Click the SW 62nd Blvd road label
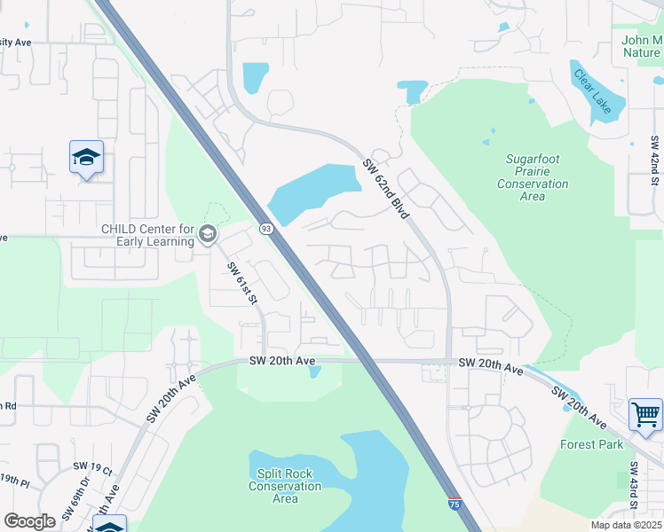click(x=387, y=189)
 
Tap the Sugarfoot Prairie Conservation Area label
click(x=532, y=177)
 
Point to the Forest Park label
click(x=592, y=444)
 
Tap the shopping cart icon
click(x=645, y=414)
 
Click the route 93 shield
click(x=265, y=228)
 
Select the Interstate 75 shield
click(x=455, y=504)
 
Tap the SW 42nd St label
click(x=655, y=160)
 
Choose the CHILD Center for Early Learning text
click(x=147, y=234)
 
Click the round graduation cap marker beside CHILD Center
click(x=208, y=234)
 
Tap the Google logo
click(x=30, y=521)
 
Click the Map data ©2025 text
click(x=627, y=525)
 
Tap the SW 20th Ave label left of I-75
click(x=281, y=361)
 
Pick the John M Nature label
click(x=641, y=46)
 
